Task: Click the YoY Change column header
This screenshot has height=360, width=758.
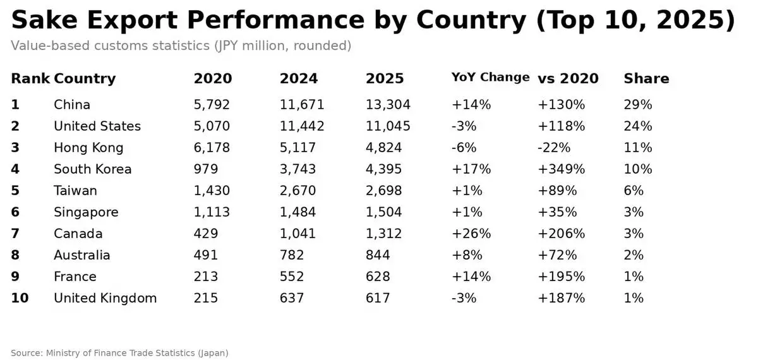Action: coord(490,78)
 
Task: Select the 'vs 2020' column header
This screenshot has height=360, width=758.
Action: coord(568,79)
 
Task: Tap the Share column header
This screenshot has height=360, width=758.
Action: coord(646,79)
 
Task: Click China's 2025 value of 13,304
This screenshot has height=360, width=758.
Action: coord(388,105)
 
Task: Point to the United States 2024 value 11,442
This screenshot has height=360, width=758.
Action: coord(302,126)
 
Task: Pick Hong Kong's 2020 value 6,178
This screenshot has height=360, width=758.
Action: coord(212,148)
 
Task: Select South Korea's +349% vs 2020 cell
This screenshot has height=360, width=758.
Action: coord(561,169)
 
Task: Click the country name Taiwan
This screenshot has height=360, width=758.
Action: coord(75,191)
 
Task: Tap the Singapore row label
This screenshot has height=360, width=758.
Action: coord(86,212)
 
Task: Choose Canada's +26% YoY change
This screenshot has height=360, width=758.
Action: coord(471,234)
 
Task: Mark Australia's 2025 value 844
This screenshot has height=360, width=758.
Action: coord(378,255)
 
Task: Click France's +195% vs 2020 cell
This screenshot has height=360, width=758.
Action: coord(561,277)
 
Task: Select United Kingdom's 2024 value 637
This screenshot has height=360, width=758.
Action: coord(292,298)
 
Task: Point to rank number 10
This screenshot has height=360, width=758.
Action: coord(20,298)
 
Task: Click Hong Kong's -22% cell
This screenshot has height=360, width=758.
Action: coord(553,148)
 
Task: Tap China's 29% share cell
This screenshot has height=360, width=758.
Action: coord(637,105)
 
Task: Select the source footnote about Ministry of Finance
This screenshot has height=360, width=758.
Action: coord(119,353)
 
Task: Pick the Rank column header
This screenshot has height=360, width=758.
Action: coord(30,79)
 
